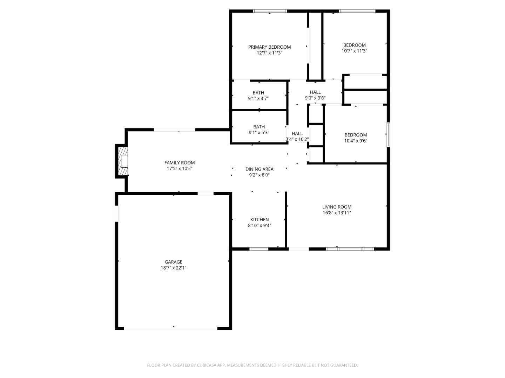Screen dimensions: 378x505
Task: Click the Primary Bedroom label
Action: click(269, 47)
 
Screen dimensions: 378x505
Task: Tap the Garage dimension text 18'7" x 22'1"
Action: click(174, 268)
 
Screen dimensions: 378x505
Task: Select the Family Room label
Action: click(180, 162)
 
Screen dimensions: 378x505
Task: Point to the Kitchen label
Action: click(260, 219)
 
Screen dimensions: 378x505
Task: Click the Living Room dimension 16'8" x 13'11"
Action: click(337, 212)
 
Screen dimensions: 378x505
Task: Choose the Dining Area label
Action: click(259, 169)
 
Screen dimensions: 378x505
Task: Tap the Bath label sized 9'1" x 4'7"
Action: click(258, 93)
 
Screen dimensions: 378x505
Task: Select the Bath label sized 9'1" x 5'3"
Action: click(259, 127)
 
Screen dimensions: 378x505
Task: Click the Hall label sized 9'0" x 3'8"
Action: click(315, 92)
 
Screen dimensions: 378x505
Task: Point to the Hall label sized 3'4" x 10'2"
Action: click(297, 133)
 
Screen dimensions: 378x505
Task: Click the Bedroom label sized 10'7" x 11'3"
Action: click(354, 45)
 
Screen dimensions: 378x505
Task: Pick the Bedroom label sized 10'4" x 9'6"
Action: click(356, 135)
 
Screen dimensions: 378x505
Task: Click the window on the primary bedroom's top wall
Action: click(270, 11)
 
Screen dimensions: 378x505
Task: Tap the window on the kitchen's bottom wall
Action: click(259, 249)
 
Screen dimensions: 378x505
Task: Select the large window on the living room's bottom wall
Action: click(350, 249)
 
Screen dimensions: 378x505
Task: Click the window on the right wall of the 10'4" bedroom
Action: click(388, 134)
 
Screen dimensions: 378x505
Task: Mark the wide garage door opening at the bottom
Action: click(171, 329)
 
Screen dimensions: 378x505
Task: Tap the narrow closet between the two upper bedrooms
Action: click(315, 45)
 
